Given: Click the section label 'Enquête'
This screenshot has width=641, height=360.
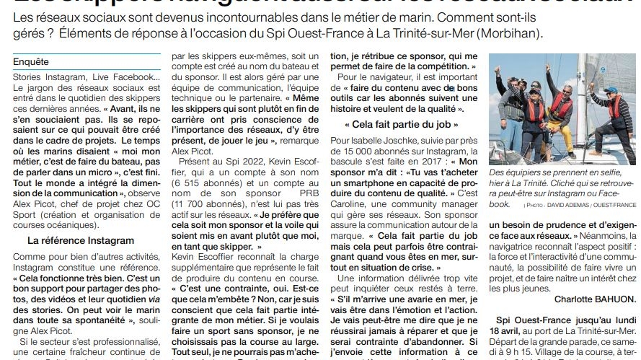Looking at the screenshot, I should (31, 62).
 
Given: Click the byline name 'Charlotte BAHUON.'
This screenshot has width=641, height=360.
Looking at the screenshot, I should (596, 298).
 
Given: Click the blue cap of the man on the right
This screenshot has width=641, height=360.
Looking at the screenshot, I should (611, 90).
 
